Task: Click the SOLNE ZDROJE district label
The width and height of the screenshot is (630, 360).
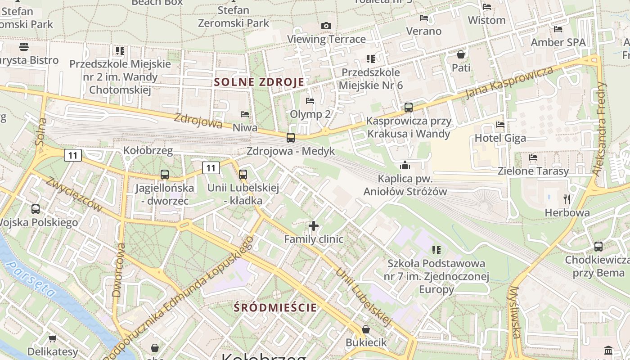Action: click(259, 82)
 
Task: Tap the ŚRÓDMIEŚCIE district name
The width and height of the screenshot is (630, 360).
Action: click(275, 308)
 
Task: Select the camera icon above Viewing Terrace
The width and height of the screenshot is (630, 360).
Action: click(326, 26)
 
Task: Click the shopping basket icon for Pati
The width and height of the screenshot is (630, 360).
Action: click(461, 54)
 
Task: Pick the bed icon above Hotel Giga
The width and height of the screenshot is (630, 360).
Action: click(500, 125)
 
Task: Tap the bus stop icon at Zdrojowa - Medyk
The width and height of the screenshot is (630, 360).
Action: click(291, 137)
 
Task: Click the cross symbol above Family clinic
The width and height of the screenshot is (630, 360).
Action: click(314, 226)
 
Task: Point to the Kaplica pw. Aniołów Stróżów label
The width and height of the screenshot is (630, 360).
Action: click(405, 185)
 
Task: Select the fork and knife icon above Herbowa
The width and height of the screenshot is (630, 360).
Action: click(567, 199)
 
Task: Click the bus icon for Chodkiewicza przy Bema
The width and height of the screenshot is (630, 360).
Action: click(598, 247)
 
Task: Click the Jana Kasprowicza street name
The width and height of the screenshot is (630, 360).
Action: click(509, 83)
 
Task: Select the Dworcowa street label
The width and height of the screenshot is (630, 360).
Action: click(118, 270)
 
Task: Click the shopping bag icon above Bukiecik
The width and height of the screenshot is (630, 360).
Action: click(366, 329)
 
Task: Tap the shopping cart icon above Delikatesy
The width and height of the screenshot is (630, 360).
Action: click(53, 338)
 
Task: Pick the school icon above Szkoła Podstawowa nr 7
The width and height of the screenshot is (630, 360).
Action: click(436, 250)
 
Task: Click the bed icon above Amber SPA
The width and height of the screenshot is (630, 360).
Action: click(558, 29)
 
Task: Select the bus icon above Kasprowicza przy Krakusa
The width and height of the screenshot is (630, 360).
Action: click(408, 108)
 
